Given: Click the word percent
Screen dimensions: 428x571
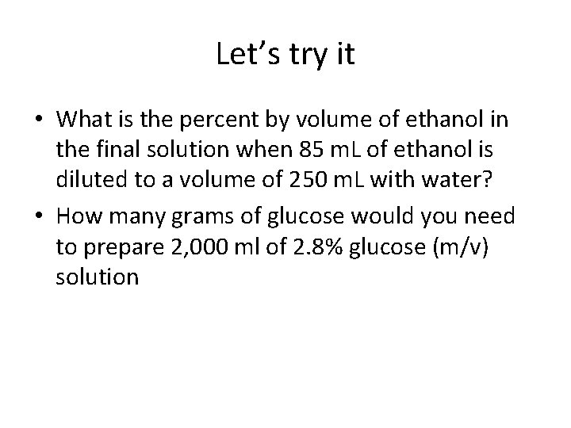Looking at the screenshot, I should (x=208, y=120).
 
